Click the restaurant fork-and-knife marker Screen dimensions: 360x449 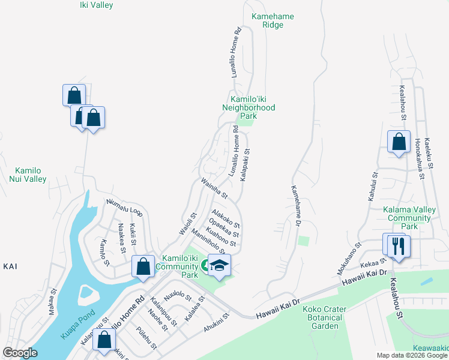(396, 245)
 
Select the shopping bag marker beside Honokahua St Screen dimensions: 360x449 (399, 143)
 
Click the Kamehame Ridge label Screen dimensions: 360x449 (273, 21)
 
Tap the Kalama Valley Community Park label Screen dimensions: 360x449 (409, 218)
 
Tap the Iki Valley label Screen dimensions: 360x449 (96, 5)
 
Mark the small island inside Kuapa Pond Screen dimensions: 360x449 (86, 295)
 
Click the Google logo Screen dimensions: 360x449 (20, 352)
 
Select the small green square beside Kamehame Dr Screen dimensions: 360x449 (304, 241)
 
